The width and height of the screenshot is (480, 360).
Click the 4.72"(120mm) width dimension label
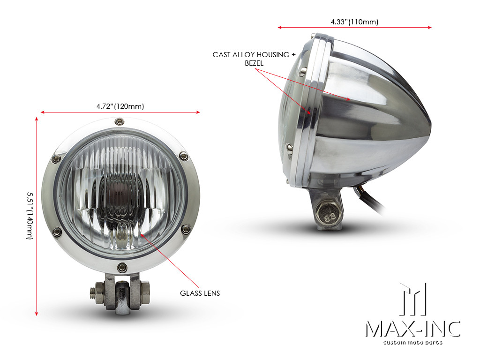tap(117, 106)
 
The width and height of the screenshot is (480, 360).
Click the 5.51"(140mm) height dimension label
tap(30, 216)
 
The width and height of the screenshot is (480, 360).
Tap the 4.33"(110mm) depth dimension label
tap(354, 22)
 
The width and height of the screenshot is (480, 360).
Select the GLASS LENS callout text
tap(200, 293)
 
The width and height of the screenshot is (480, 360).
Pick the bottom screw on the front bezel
tap(122, 267)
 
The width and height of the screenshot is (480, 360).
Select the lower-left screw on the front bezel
tap(57, 231)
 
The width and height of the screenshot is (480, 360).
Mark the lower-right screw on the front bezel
tap(186, 229)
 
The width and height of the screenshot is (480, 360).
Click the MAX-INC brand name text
tap(412, 329)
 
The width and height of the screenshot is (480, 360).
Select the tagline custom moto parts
tap(412, 343)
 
